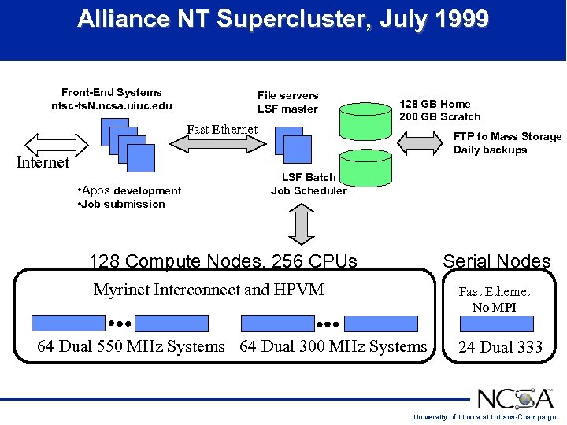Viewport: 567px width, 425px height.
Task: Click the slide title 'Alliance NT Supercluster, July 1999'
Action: [283, 20]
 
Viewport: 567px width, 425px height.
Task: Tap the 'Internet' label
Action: [43, 163]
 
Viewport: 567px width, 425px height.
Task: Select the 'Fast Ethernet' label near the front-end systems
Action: [222, 130]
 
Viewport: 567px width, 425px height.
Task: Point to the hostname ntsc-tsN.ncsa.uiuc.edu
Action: [111, 106]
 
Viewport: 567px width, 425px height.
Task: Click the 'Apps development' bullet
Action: [130, 190]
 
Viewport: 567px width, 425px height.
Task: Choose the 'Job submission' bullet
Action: [122, 205]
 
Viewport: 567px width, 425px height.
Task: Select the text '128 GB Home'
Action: [435, 104]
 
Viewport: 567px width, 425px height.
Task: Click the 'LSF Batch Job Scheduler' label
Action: [309, 184]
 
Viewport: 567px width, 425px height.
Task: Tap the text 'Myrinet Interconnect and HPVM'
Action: [209, 290]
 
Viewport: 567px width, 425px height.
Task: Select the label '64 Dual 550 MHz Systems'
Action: [131, 346]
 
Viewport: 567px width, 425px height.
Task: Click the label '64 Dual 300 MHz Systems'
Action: [333, 346]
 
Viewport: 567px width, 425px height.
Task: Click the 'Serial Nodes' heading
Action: [496, 261]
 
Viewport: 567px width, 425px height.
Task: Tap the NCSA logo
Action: [516, 397]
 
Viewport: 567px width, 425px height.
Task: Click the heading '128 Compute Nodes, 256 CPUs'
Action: [223, 261]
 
